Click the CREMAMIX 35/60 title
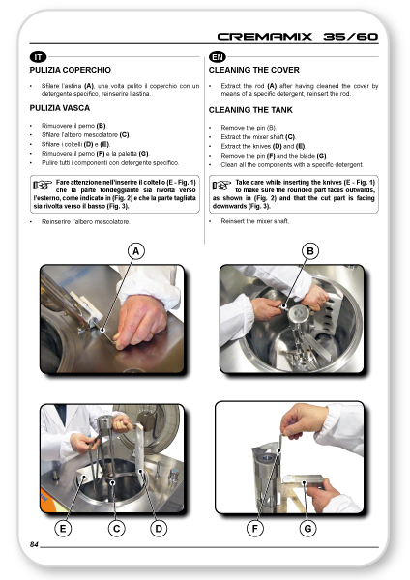click(x=298, y=37)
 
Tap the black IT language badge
click(x=38, y=57)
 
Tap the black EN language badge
click(x=218, y=57)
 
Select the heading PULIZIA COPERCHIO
click(x=71, y=70)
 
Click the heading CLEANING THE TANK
click(x=250, y=110)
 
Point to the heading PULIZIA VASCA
click(x=60, y=108)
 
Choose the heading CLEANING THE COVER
click(x=254, y=70)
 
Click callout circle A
click(x=135, y=251)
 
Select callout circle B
click(x=310, y=251)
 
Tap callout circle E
click(x=63, y=529)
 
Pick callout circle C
click(x=116, y=529)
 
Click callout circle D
click(x=159, y=529)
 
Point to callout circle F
click(x=255, y=529)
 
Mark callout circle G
click(x=307, y=529)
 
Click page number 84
click(x=34, y=544)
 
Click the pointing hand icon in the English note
click(x=221, y=185)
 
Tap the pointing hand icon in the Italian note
click(x=43, y=185)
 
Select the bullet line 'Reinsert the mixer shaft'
click(x=255, y=221)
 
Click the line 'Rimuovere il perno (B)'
click(x=73, y=126)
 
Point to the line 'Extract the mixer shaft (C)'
click(x=258, y=137)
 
